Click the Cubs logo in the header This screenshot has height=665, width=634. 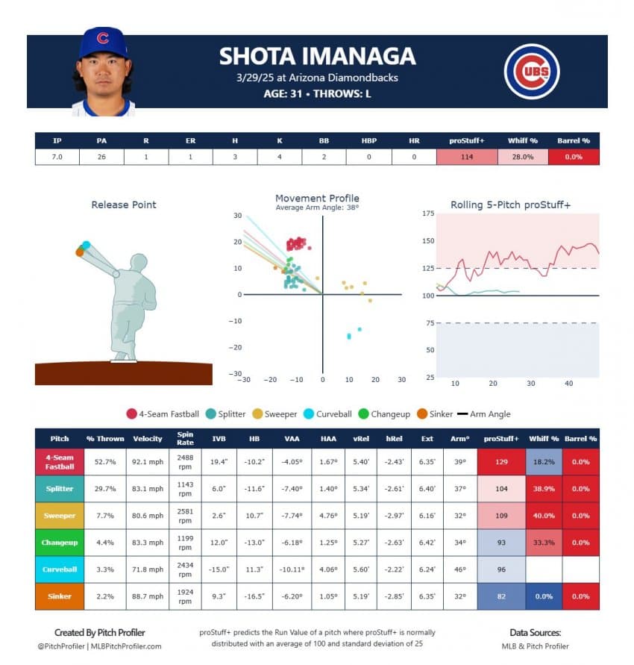coord(532,72)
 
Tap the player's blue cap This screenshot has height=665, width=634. coord(103,43)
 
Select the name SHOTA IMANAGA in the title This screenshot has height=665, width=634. coord(317,57)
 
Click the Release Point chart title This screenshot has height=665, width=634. coord(124,205)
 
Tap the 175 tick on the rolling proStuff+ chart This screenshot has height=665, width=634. coord(428,214)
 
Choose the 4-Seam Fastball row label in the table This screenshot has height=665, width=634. coord(59,462)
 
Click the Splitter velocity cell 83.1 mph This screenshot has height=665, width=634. coord(148,489)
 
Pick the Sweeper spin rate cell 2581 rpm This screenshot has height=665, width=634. coord(185,516)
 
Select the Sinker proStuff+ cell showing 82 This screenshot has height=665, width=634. coord(501,596)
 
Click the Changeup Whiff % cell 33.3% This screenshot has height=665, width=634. coord(544,543)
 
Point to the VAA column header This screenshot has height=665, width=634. coord(292,439)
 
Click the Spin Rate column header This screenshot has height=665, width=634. coord(185,439)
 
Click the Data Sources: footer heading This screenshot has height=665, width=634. coord(535,632)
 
